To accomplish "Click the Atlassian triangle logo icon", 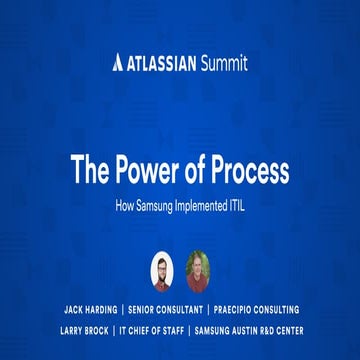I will (118, 64).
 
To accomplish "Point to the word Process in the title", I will (251, 171).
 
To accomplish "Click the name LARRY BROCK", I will (84, 330).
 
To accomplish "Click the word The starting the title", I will (91, 171).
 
